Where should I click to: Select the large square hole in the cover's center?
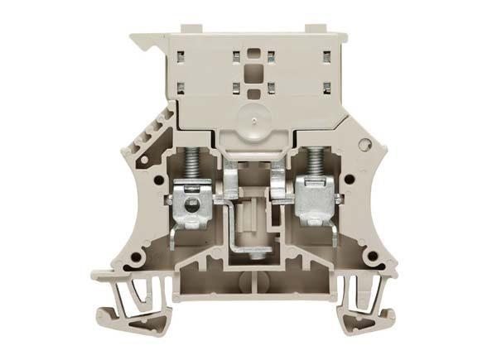tap(252, 70)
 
